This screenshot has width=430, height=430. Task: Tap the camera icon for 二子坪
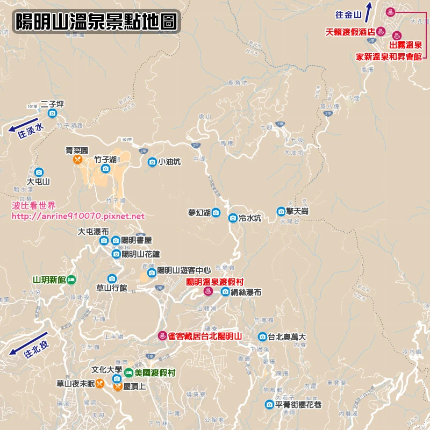click(x=52, y=113)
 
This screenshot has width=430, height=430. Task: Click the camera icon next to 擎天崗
click(x=281, y=211)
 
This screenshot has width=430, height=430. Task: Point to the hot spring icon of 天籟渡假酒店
click(x=379, y=31)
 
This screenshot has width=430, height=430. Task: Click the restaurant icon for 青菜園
click(x=77, y=160)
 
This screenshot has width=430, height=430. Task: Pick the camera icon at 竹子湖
click(x=105, y=169)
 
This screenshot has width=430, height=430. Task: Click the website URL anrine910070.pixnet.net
click(x=78, y=216)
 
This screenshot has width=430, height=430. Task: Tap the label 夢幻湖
click(x=199, y=212)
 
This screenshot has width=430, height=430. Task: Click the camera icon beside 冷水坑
click(x=233, y=218)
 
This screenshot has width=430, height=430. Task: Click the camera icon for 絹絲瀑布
click(x=225, y=292)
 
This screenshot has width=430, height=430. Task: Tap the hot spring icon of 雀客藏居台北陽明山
click(x=161, y=336)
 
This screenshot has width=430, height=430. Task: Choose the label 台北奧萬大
click(x=287, y=337)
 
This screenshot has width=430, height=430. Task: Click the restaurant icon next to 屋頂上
click(x=117, y=386)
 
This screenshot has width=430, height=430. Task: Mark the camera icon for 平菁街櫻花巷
click(x=269, y=404)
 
